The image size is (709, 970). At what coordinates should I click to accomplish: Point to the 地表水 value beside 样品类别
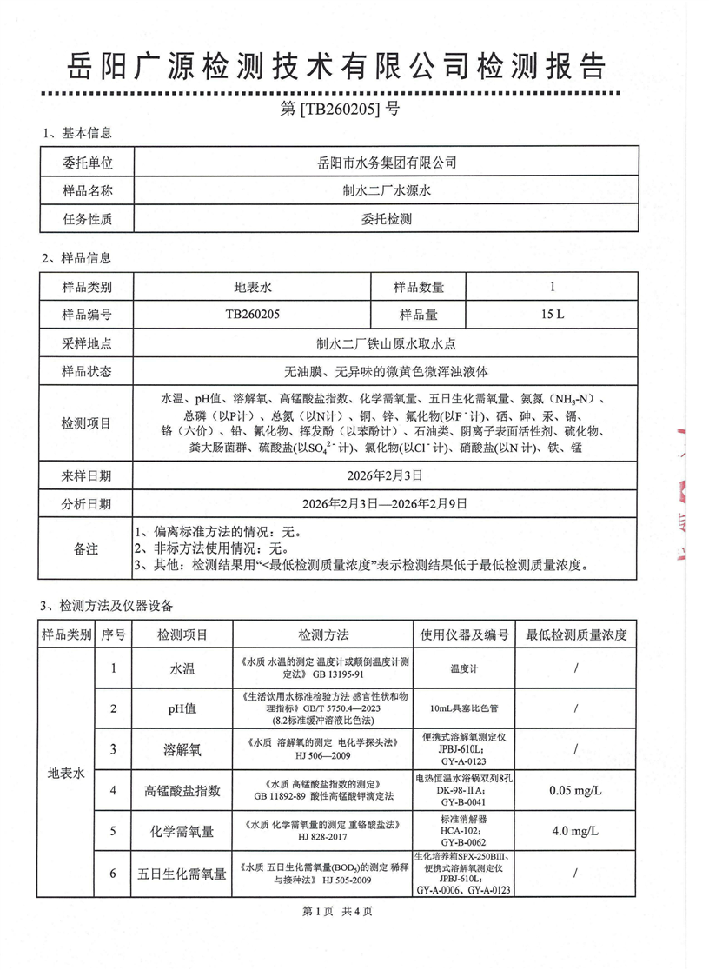pyautogui.click(x=253, y=287)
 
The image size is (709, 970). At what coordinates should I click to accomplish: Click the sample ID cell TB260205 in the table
pyautogui.click(x=253, y=315)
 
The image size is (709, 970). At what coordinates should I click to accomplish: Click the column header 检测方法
pyautogui.click(x=323, y=634)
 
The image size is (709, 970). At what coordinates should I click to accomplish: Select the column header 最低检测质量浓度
pyautogui.click(x=576, y=634)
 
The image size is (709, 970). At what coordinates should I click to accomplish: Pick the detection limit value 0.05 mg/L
pyautogui.click(x=576, y=791)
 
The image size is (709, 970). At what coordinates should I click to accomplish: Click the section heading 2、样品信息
pyautogui.click(x=76, y=258)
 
